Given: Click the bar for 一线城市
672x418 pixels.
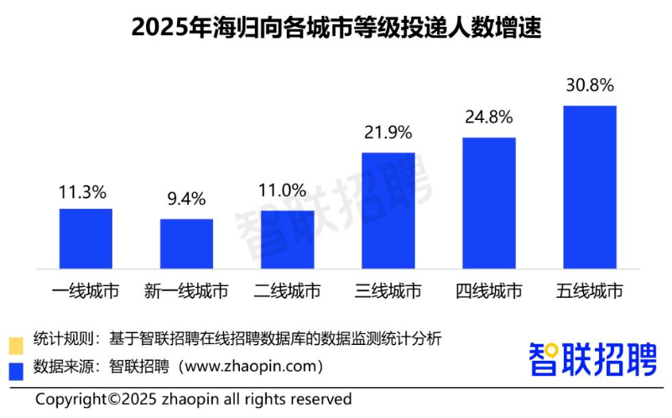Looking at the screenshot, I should [x=86, y=238].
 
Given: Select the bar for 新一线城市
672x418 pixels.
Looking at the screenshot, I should [x=186, y=243].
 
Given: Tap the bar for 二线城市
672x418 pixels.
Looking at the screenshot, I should [x=287, y=239].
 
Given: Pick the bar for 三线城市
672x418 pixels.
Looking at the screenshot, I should [x=388, y=211].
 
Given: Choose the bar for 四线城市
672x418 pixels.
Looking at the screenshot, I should [x=488, y=203].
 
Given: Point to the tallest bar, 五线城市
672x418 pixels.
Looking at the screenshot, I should [x=589, y=187].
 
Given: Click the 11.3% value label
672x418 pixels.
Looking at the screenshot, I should [x=86, y=192].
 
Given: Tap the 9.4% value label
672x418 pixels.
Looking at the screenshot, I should [x=186, y=200].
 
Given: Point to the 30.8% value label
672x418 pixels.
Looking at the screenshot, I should [x=589, y=86].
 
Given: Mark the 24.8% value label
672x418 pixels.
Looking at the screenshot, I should [x=488, y=118].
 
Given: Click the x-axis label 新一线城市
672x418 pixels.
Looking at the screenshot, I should [x=186, y=292].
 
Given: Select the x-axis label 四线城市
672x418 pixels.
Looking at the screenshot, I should [x=488, y=292].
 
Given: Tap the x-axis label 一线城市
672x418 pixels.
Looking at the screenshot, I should [x=86, y=292].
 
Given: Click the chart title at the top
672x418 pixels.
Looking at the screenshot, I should [x=336, y=28].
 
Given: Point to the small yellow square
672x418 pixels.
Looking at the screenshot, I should [x=15, y=343].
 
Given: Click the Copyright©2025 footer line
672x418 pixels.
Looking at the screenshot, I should [x=193, y=399].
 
